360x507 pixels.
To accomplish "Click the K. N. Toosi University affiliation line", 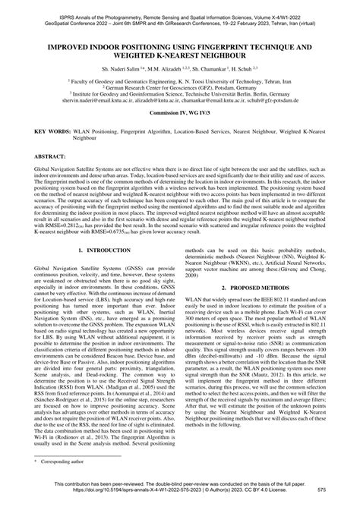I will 180,80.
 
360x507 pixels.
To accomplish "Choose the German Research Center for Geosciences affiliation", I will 180,87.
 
